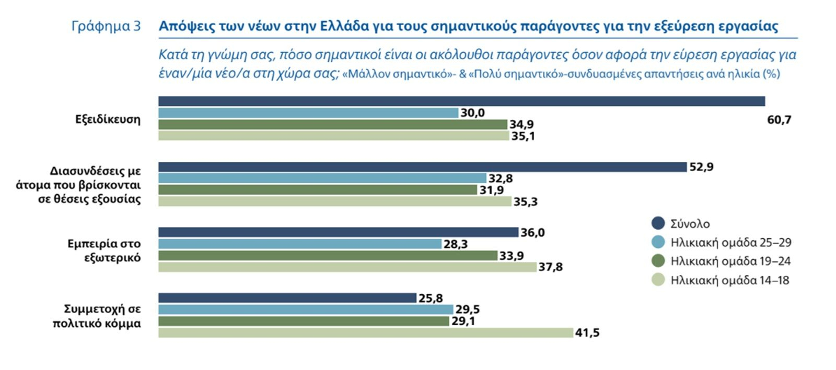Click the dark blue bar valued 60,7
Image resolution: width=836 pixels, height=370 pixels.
(461, 101)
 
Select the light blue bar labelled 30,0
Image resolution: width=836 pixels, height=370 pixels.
(308, 113)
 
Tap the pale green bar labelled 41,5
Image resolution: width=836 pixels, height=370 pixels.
(366, 332)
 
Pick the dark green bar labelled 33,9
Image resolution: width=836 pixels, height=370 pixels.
(328, 256)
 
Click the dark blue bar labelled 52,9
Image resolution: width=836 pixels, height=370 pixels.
(422, 167)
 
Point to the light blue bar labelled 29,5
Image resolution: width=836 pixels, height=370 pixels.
(306, 309)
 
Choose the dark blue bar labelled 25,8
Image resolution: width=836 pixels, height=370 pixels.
(287, 298)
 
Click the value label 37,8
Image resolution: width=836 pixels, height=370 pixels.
(551, 267)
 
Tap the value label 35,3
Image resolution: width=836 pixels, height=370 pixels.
(526, 202)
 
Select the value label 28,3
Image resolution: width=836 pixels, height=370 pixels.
(456, 244)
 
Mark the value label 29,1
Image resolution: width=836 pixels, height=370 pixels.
(463, 321)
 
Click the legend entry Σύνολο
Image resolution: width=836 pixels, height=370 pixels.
(690, 224)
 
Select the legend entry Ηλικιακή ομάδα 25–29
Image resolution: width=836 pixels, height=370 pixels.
(730, 243)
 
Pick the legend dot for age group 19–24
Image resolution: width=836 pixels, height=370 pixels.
(658, 261)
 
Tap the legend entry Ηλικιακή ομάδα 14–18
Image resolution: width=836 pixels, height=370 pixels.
(729, 280)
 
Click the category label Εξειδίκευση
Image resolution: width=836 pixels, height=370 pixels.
(108, 120)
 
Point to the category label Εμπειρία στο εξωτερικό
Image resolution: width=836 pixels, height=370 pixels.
(104, 250)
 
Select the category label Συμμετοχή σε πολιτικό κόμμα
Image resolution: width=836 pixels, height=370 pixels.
(97, 316)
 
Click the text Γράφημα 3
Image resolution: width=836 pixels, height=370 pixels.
(106, 26)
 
